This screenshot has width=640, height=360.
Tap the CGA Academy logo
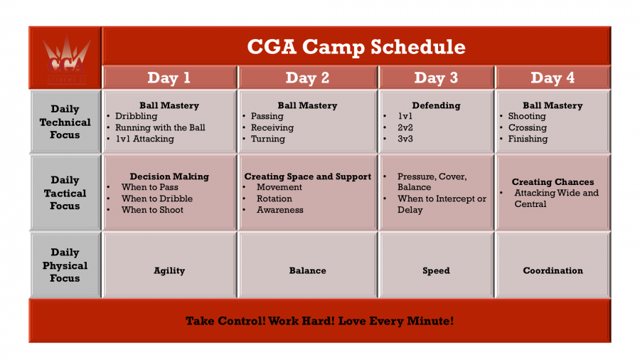click(x=67, y=59)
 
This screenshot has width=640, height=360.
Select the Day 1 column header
click(x=169, y=78)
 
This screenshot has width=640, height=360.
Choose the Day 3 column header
click(x=436, y=78)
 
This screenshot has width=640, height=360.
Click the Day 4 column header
click(x=553, y=78)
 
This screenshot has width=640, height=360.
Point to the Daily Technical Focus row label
click(x=65, y=122)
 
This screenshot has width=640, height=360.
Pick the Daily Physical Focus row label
click(x=65, y=265)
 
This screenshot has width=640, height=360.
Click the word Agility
click(x=169, y=270)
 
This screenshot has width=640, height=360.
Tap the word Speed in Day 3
click(x=436, y=270)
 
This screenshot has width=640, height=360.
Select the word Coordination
click(x=553, y=270)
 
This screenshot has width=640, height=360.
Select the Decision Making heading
click(x=169, y=176)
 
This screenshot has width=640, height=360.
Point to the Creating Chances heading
click(x=553, y=181)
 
